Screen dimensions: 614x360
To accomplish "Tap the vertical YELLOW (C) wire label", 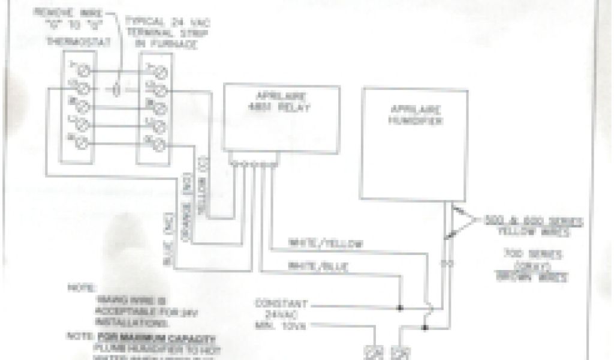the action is coord(202,175).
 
